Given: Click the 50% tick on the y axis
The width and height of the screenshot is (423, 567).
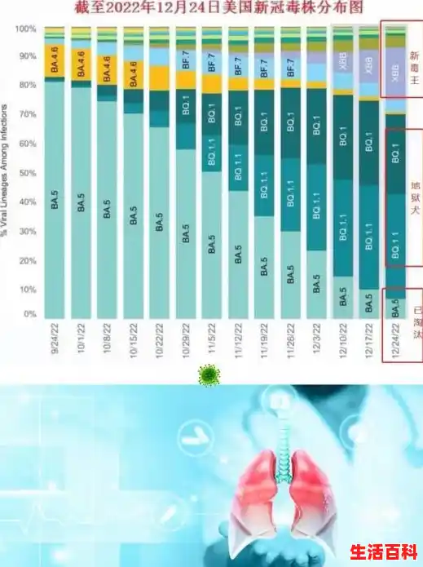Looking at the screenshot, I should point(28,172).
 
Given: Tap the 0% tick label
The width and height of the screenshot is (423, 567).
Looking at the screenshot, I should point(30,314).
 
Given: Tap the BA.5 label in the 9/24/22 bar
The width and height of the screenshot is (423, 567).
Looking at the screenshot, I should point(55,202).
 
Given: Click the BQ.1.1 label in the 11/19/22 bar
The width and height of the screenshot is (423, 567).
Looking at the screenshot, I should point(265,193).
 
